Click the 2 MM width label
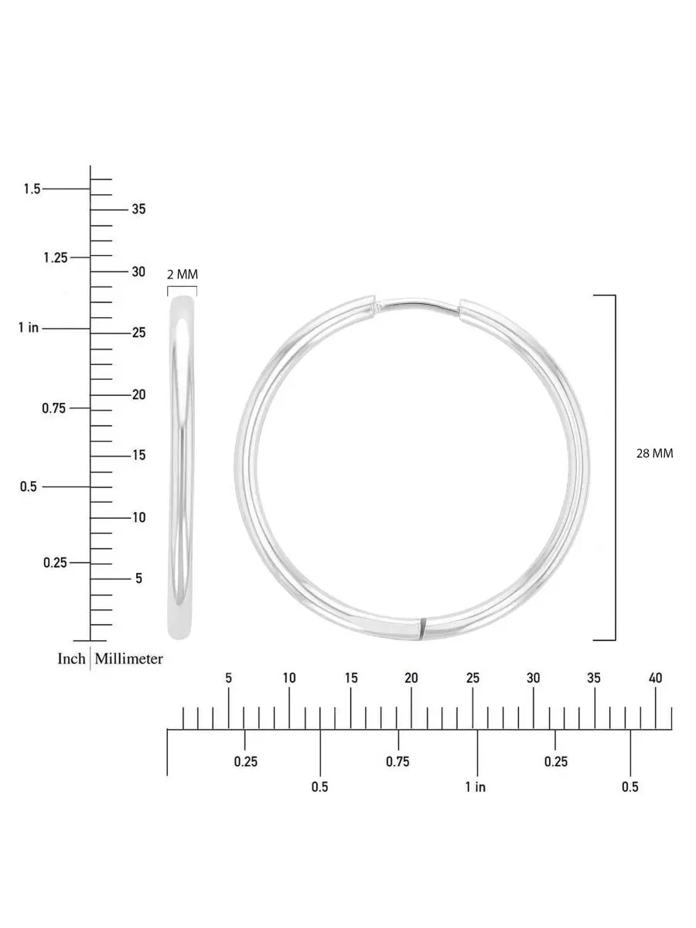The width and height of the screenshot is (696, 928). pos(183,275)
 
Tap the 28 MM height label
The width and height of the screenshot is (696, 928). pos(654,454)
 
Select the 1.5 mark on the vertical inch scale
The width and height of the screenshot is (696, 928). pos(32,189)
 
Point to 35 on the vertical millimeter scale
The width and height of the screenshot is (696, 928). pos(138,209)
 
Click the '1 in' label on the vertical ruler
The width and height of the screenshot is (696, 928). pos(29,328)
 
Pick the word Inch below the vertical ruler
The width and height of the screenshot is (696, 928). pos(71,659)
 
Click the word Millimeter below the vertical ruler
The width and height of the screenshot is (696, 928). pos(129,659)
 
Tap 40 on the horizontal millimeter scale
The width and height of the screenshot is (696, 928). pos(655,678)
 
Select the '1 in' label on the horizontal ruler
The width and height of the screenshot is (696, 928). pos(476,786)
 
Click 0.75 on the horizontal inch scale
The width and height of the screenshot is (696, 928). pos(397,762)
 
